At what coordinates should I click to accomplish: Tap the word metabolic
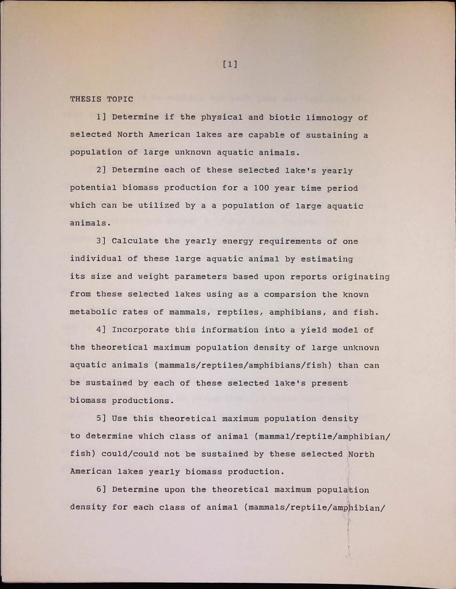click(91, 312)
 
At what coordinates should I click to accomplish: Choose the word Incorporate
click(140, 330)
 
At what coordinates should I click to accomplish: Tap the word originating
click(363, 277)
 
